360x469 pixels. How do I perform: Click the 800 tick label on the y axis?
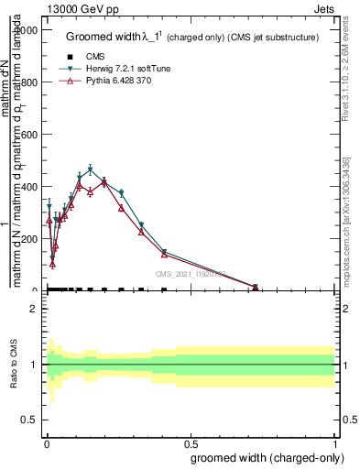[28, 82]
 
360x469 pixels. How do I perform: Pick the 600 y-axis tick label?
[28, 135]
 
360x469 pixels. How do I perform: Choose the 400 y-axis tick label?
[28, 187]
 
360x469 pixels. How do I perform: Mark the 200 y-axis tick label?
[28, 239]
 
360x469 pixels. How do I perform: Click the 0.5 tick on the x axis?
[190, 444]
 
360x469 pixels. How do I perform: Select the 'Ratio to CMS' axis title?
[14, 365]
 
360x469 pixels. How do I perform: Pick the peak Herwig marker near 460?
[90, 170]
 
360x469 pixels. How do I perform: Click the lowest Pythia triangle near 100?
[52, 264]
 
